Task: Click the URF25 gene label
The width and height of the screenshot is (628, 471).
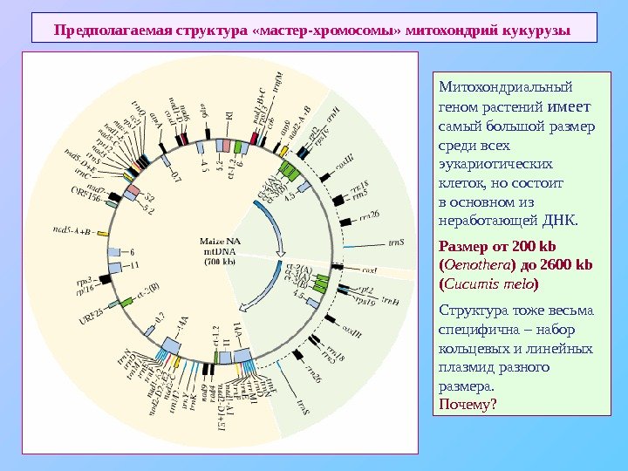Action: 91,312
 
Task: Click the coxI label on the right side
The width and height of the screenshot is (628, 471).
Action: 370,270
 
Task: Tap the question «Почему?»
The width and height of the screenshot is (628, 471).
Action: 468,404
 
